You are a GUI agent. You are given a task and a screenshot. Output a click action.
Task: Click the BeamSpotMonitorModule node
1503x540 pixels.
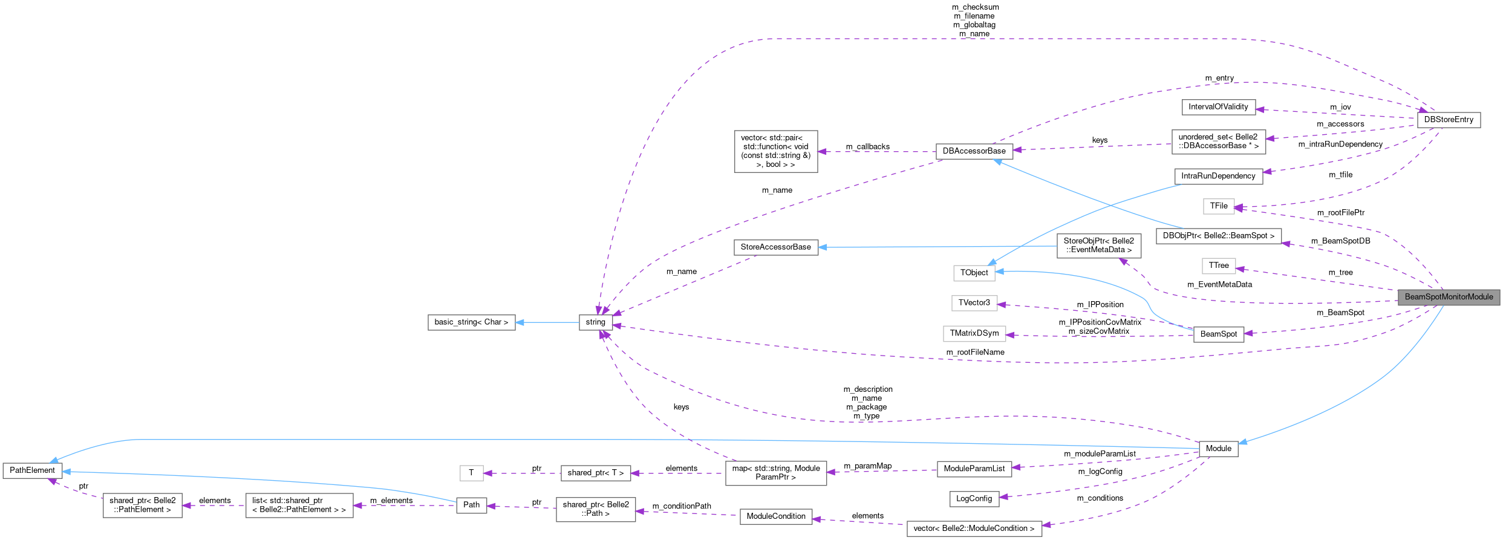1449,297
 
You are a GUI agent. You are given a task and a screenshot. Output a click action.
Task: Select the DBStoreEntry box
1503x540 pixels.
1449,120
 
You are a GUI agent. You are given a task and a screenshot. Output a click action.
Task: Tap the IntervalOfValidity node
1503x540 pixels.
1218,107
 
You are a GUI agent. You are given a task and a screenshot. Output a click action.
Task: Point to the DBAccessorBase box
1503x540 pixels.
974,151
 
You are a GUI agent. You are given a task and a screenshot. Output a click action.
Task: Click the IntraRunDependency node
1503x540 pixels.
1218,176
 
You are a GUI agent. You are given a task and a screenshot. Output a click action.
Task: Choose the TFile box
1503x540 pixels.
1218,206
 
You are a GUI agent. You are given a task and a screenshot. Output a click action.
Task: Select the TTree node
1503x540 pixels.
1218,265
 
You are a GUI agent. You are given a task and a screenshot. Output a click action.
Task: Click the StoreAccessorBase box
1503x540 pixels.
775,247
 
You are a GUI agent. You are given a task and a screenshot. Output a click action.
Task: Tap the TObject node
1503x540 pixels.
974,273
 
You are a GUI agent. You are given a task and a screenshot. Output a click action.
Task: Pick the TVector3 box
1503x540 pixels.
974,303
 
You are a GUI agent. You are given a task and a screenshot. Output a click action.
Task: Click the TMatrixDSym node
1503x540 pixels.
974,333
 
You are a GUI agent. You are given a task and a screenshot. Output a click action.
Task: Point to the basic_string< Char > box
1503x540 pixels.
471,322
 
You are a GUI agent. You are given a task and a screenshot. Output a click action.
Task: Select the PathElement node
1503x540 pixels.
32,470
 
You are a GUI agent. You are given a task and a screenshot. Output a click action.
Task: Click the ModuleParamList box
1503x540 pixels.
974,469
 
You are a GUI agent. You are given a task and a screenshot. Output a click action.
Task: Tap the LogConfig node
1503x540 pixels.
974,499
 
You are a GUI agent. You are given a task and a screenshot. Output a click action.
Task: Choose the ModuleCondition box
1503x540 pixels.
775,516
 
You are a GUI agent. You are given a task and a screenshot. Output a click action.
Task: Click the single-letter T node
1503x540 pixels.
471,473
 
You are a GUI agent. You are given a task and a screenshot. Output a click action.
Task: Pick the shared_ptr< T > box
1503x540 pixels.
595,473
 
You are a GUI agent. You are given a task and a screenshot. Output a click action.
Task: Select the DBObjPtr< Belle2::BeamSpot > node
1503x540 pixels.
1218,236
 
